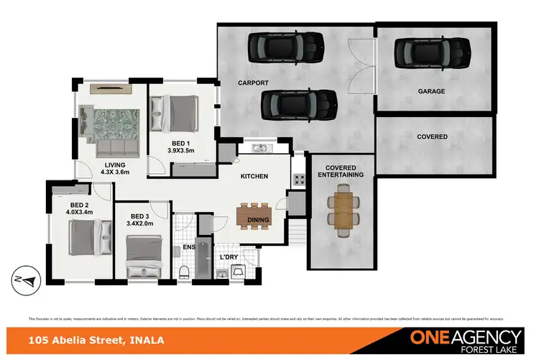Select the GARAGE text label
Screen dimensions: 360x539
[x=431, y=91]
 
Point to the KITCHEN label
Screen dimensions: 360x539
[x=254, y=176]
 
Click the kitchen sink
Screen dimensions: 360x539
[x=260, y=149]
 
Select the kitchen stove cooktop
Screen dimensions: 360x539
[x=296, y=180]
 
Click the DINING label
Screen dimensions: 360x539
[x=257, y=221]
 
